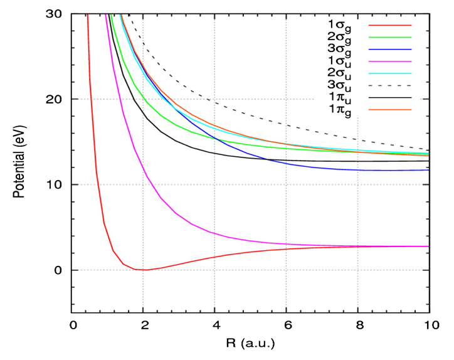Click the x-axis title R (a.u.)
point(250,344)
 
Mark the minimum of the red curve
point(145,270)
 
